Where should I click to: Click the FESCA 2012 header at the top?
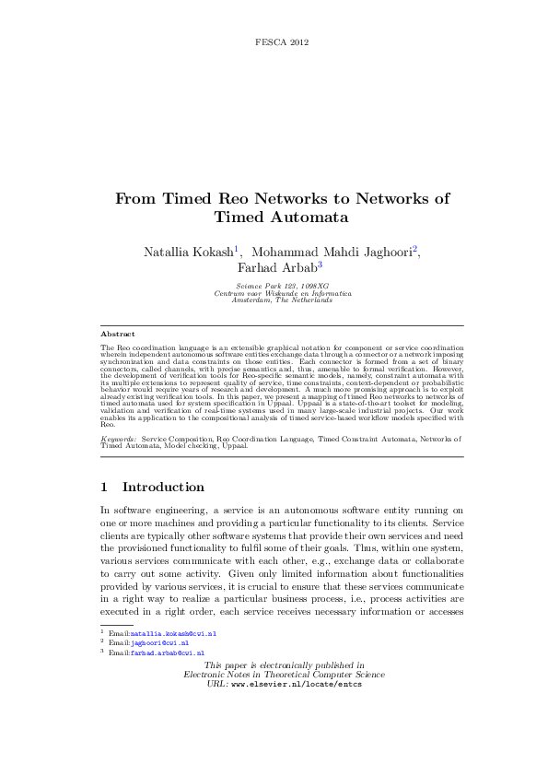point(280,42)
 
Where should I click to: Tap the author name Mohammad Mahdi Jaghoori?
point(332,251)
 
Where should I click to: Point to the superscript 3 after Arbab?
point(320,265)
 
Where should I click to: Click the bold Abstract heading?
point(117,334)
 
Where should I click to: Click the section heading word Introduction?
point(163,487)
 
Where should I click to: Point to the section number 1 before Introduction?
point(103,487)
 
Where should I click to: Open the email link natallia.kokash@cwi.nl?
point(174,634)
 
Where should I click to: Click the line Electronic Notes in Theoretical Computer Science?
point(284,675)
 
